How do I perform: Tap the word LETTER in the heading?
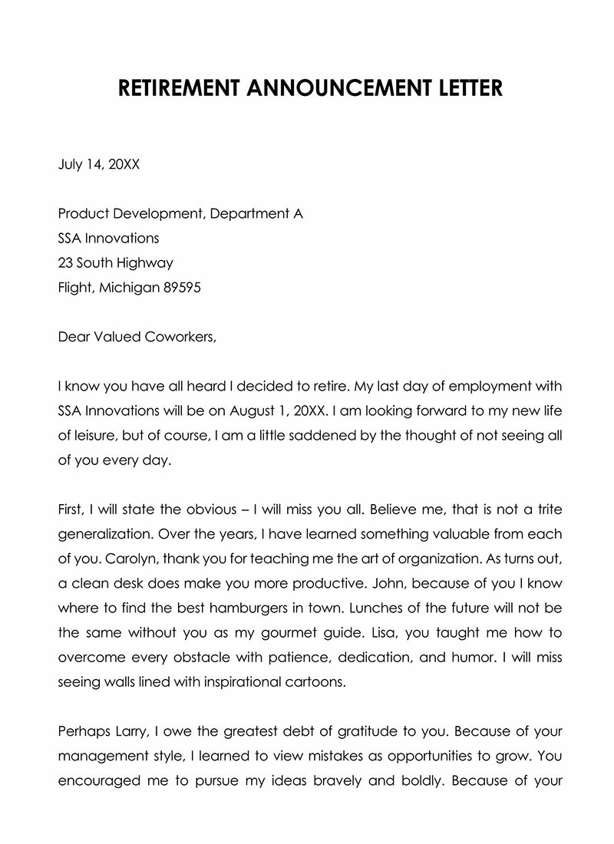pos(464,88)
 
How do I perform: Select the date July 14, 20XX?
pos(99,163)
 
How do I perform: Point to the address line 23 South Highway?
pos(116,262)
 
